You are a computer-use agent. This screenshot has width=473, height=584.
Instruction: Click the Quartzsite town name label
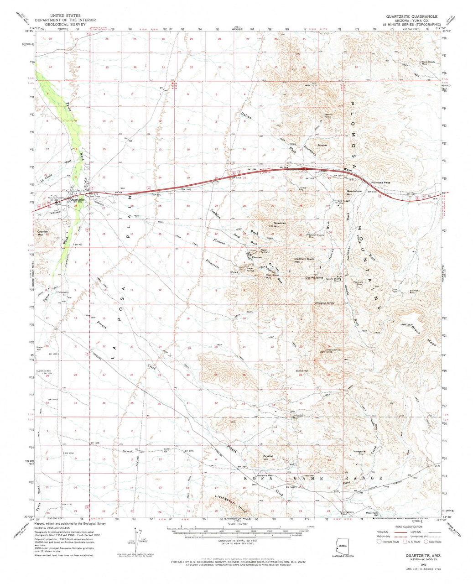pyautogui.click(x=77, y=199)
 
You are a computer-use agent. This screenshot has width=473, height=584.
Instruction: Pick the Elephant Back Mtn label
pyautogui.click(x=304, y=261)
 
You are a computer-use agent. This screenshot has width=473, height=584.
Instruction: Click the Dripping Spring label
pyautogui.click(x=324, y=302)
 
